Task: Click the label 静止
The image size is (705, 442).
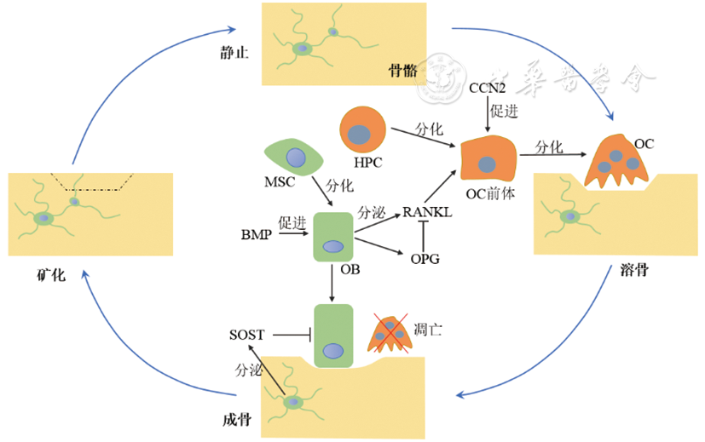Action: point(233,53)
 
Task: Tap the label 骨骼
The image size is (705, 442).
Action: point(402,71)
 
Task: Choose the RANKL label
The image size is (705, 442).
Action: point(426,212)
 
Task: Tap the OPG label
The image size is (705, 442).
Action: point(425,259)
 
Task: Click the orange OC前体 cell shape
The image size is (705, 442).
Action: point(490,160)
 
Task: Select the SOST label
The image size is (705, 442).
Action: point(247,335)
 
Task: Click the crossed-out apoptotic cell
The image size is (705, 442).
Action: point(389,334)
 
